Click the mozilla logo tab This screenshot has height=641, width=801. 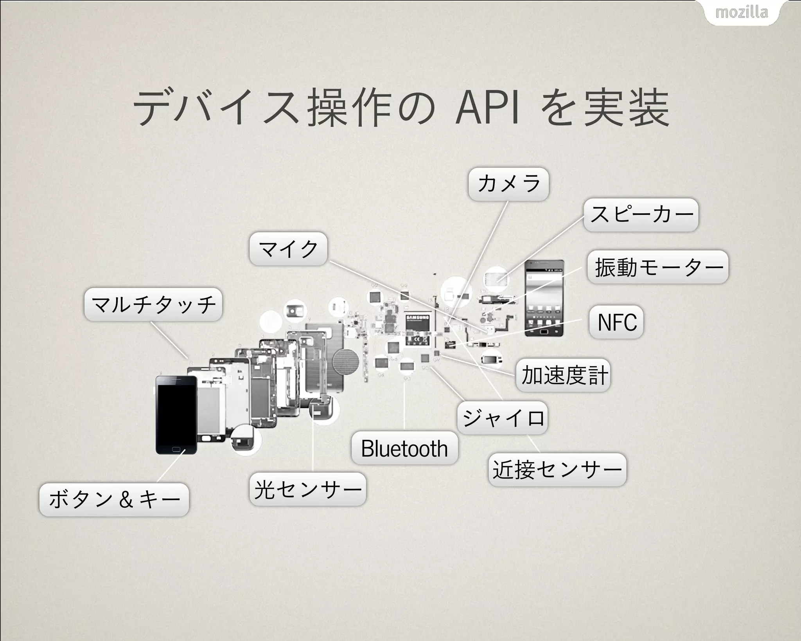(742, 13)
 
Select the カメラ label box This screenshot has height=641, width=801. (508, 184)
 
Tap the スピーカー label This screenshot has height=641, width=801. (641, 214)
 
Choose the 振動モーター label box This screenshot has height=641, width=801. (658, 267)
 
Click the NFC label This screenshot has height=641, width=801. (616, 322)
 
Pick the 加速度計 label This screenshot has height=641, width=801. (563, 375)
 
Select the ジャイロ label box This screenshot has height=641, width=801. (503, 418)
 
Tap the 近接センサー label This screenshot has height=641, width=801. (557, 470)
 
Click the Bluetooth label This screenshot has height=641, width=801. (404, 448)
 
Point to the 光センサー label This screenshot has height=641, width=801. (308, 489)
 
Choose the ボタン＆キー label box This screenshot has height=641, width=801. (114, 500)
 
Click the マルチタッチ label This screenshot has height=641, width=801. (153, 304)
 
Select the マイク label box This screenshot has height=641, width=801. (288, 249)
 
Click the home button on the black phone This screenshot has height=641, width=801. (176, 449)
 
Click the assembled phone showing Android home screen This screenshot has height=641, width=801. (544, 298)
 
